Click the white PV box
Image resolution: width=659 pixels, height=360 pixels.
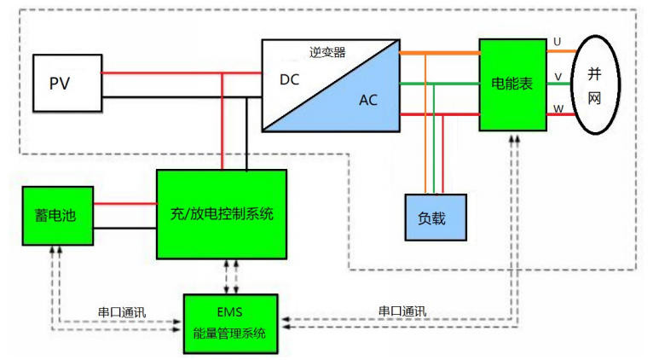point(66,83)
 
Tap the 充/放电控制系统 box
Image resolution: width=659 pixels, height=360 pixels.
point(221,213)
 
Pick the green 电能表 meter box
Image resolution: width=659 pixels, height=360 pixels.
point(512,84)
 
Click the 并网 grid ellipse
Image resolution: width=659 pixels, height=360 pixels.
point(594,84)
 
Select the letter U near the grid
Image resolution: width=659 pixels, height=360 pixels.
point(558,41)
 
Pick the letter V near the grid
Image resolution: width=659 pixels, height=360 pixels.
point(558,77)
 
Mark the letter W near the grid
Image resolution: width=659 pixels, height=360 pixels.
point(558,108)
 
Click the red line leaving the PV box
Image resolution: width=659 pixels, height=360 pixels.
point(162,73)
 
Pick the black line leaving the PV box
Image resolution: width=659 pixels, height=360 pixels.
point(162,96)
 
